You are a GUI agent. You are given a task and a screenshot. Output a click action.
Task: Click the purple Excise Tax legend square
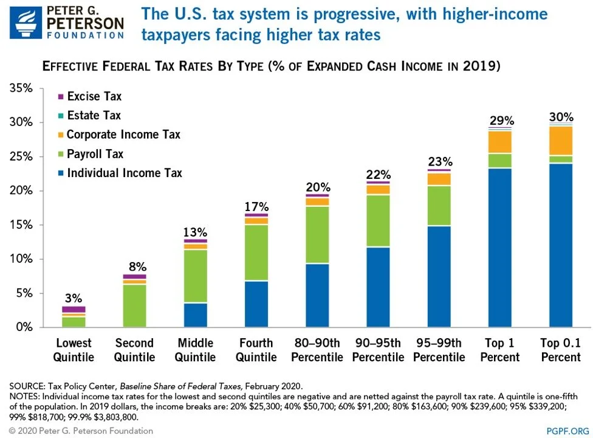[60, 97]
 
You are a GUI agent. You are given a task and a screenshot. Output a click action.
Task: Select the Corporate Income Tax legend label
[123, 134]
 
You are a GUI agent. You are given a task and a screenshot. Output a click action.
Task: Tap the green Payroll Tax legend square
[60, 154]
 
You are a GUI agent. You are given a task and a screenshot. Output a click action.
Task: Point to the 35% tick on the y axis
[21, 89]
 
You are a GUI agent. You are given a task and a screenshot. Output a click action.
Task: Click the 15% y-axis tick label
[21, 225]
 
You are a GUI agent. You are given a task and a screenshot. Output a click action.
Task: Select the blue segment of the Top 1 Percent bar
[500, 248]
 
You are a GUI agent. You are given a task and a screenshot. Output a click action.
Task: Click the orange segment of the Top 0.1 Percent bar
[561, 141]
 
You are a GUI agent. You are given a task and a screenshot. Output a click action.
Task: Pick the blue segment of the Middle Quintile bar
[195, 315]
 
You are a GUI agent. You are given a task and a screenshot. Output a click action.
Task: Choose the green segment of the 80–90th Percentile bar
[317, 235]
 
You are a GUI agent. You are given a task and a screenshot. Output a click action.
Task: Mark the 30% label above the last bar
[561, 117]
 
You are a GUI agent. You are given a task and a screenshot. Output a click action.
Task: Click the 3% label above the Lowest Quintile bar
[73, 299]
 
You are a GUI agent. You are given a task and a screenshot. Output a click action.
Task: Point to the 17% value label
[256, 207]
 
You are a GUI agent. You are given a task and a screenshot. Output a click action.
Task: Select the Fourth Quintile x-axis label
[256, 350]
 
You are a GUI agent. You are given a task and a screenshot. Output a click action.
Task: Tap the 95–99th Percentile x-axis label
[439, 350]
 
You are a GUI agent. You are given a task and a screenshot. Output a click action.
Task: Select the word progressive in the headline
[290, 14]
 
